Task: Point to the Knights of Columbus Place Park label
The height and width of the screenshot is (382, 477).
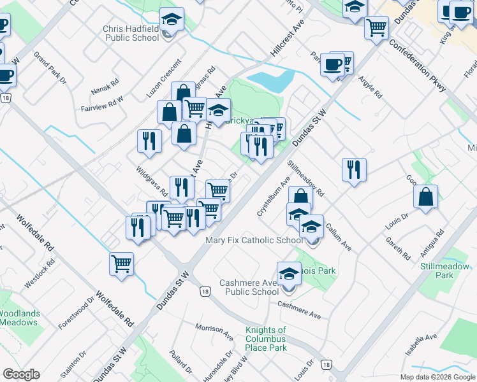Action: (x=266, y=339)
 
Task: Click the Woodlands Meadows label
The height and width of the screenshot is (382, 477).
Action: (x=19, y=318)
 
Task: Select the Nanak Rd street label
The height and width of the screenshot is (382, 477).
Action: (x=105, y=83)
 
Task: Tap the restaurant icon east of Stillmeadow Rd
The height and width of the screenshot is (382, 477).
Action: (x=354, y=170)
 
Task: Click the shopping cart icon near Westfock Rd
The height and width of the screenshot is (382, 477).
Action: (x=121, y=262)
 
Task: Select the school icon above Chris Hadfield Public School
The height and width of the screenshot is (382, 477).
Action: (x=171, y=19)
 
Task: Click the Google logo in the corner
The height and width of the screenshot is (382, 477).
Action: (x=21, y=374)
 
